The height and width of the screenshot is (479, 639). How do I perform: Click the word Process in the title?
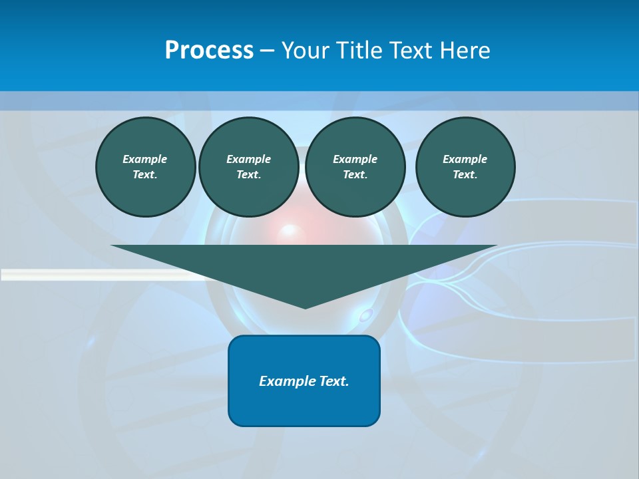(209, 51)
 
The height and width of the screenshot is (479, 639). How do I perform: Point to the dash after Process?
(266, 51)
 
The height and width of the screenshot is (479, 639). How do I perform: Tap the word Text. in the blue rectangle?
(334, 381)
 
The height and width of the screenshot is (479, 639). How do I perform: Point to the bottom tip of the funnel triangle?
(305, 307)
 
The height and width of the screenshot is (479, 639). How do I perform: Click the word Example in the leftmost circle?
(144, 159)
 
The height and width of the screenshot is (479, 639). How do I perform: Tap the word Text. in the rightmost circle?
(465, 174)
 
